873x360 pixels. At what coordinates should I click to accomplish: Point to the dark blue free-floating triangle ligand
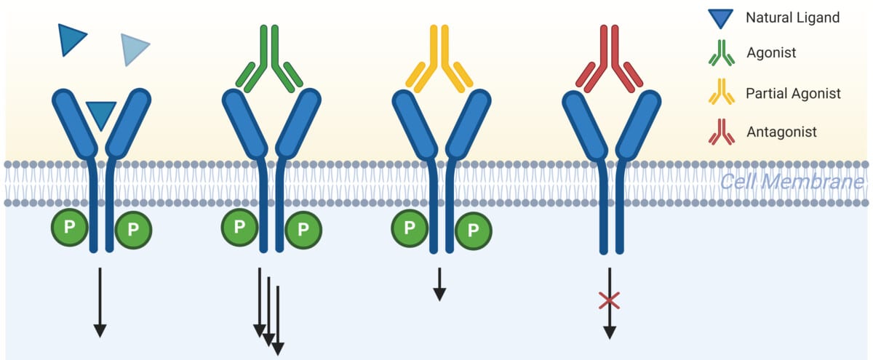tap(72, 39)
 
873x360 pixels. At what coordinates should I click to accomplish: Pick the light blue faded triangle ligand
tap(135, 49)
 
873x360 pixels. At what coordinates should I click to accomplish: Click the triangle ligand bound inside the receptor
tap(100, 113)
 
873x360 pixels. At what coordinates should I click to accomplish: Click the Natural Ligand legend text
tap(793, 17)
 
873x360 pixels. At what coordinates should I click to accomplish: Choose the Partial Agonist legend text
tap(793, 93)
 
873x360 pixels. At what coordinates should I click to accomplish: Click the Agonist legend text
tap(771, 52)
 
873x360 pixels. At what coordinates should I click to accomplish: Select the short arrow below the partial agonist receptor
tap(439, 284)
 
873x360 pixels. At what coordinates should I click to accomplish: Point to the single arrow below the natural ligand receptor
tap(100, 302)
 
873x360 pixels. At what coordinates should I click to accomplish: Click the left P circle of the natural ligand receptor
tap(70, 228)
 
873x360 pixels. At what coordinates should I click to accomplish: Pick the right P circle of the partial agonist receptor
tap(474, 231)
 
